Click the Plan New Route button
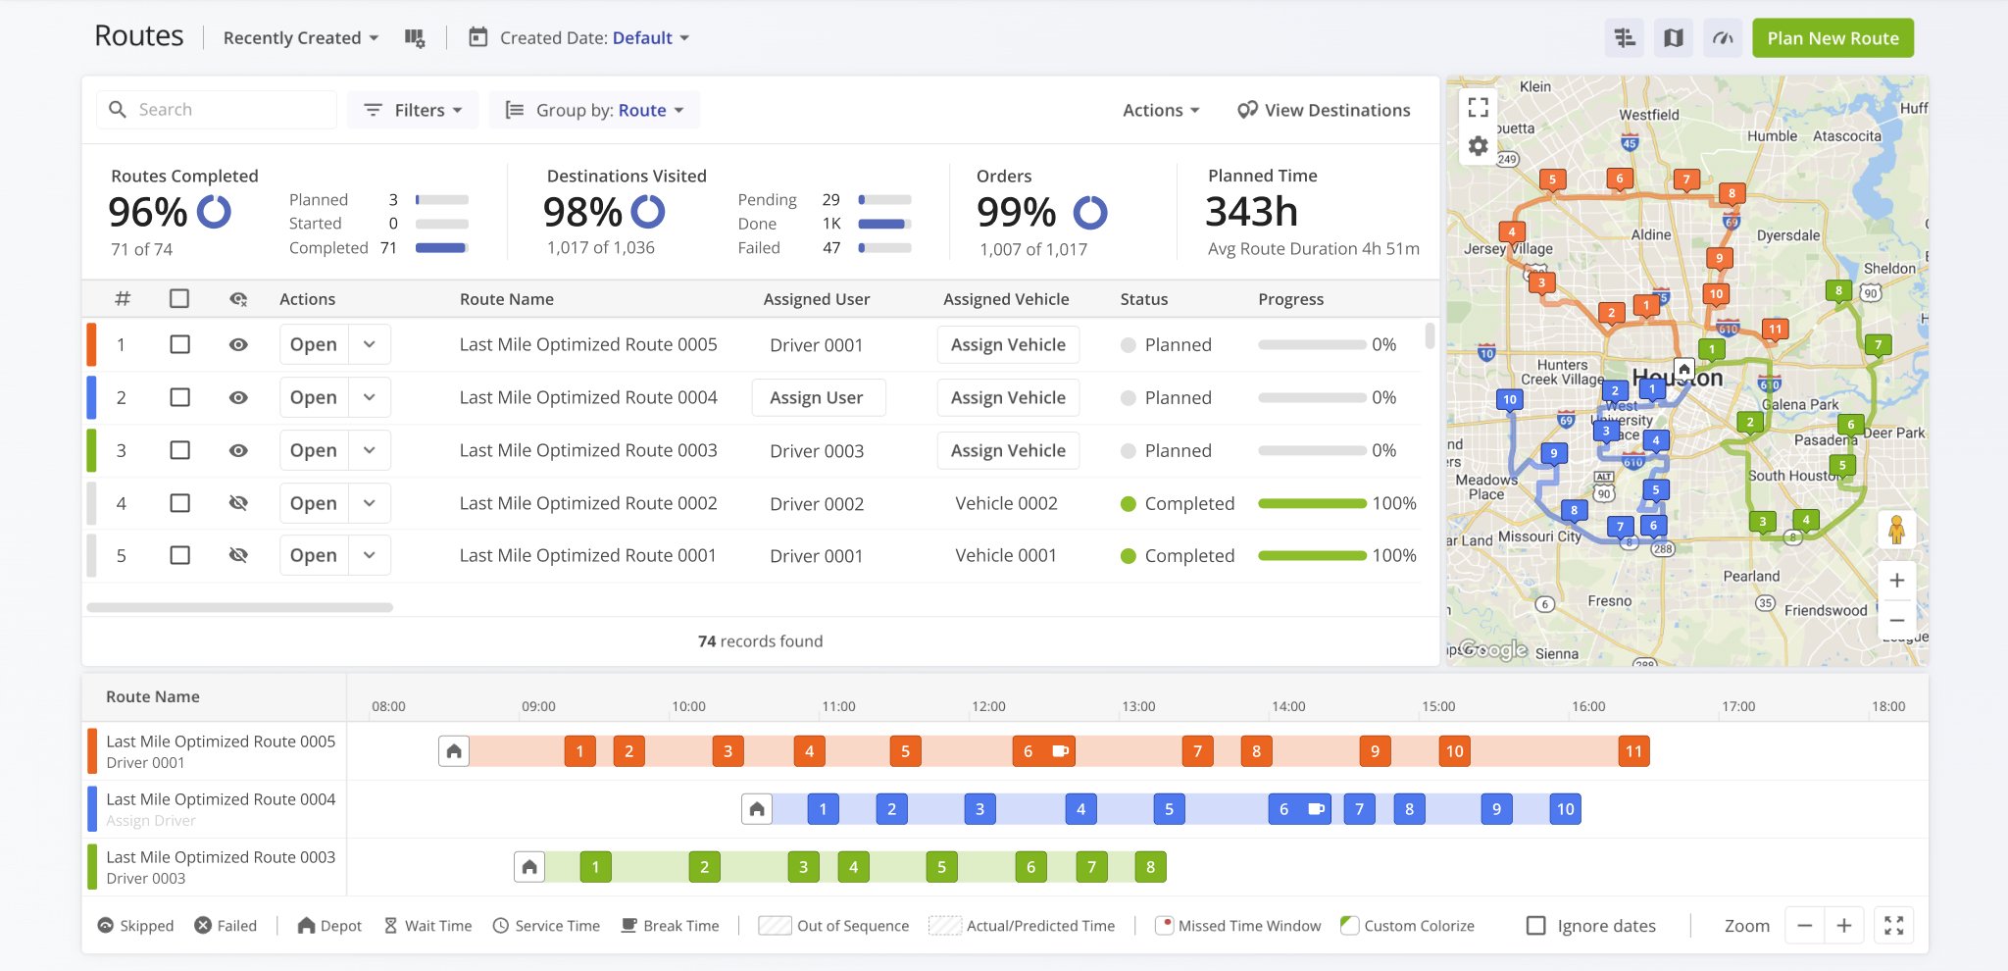1832,38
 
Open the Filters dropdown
412,110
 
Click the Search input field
230,110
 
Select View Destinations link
1324,110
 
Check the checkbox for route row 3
179,450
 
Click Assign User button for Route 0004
818,397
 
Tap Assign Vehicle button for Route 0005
1007,344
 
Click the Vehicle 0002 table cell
1006,503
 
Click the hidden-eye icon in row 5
238,555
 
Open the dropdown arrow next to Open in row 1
370,344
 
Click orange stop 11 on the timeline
1633,751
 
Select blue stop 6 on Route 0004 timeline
1283,809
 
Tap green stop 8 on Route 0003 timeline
1150,867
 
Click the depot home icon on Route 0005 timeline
454,751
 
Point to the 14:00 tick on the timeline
1288,706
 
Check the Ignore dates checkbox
1536,926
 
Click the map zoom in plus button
1896,580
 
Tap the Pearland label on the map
1751,577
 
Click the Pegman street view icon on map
1896,530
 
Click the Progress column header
1290,299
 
